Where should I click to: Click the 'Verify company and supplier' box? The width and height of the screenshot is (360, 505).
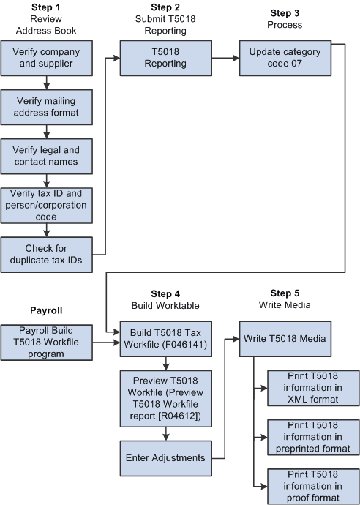46,59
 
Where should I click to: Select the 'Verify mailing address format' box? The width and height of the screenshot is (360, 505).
46,107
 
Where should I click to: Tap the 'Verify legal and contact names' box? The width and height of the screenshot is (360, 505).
46,155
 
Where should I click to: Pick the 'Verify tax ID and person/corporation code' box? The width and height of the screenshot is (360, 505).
46,206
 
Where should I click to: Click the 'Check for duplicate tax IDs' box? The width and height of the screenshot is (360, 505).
46,255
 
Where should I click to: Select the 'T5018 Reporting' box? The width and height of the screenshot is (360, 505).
165,59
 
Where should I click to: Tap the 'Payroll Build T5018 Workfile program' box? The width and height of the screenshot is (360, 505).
46,342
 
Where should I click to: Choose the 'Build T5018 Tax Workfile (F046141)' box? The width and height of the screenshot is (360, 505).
165,342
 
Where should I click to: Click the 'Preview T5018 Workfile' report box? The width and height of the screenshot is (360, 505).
165,398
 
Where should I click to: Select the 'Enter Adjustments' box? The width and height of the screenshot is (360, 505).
165,457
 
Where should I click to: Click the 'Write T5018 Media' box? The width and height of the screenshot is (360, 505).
285,339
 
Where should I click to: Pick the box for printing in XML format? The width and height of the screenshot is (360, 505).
313,388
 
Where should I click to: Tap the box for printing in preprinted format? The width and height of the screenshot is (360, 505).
313,437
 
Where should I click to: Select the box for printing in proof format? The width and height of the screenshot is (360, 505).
313,486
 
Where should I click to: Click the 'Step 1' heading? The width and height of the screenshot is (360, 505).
45,7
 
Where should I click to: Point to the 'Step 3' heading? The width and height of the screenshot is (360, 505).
285,13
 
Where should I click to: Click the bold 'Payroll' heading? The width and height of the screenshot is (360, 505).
46,310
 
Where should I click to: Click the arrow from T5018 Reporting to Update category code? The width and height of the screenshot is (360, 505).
225,58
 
